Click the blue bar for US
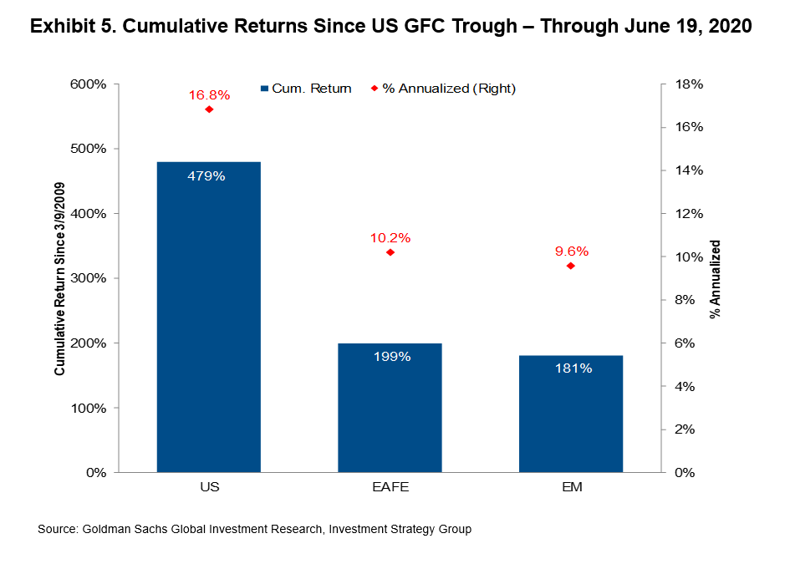click(x=208, y=318)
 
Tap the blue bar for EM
click(x=571, y=414)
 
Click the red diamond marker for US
click(x=209, y=109)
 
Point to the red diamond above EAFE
click(x=390, y=252)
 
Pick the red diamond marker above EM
click(x=571, y=266)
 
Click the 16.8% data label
click(x=208, y=95)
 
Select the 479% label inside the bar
click(x=208, y=176)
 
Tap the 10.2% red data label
click(x=390, y=238)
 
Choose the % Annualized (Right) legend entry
click(x=443, y=89)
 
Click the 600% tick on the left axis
click(x=86, y=84)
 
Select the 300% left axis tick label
click(x=86, y=278)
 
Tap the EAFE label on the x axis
click(x=390, y=485)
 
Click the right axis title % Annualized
click(x=716, y=279)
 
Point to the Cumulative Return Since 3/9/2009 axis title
click(x=61, y=279)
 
